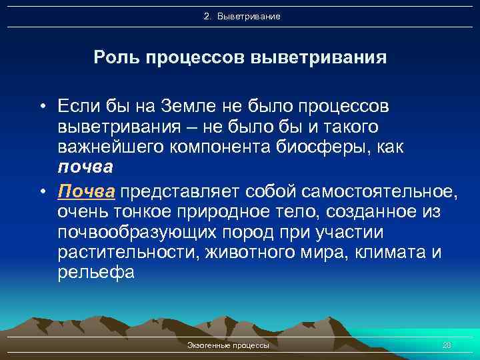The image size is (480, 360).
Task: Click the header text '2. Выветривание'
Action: pyautogui.click(x=242, y=16)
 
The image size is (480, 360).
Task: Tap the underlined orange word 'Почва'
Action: pyautogui.click(x=87, y=193)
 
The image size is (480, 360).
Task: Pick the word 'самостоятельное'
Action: pyautogui.click(x=380, y=193)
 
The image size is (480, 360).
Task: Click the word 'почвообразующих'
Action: pyautogui.click(x=127, y=233)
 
